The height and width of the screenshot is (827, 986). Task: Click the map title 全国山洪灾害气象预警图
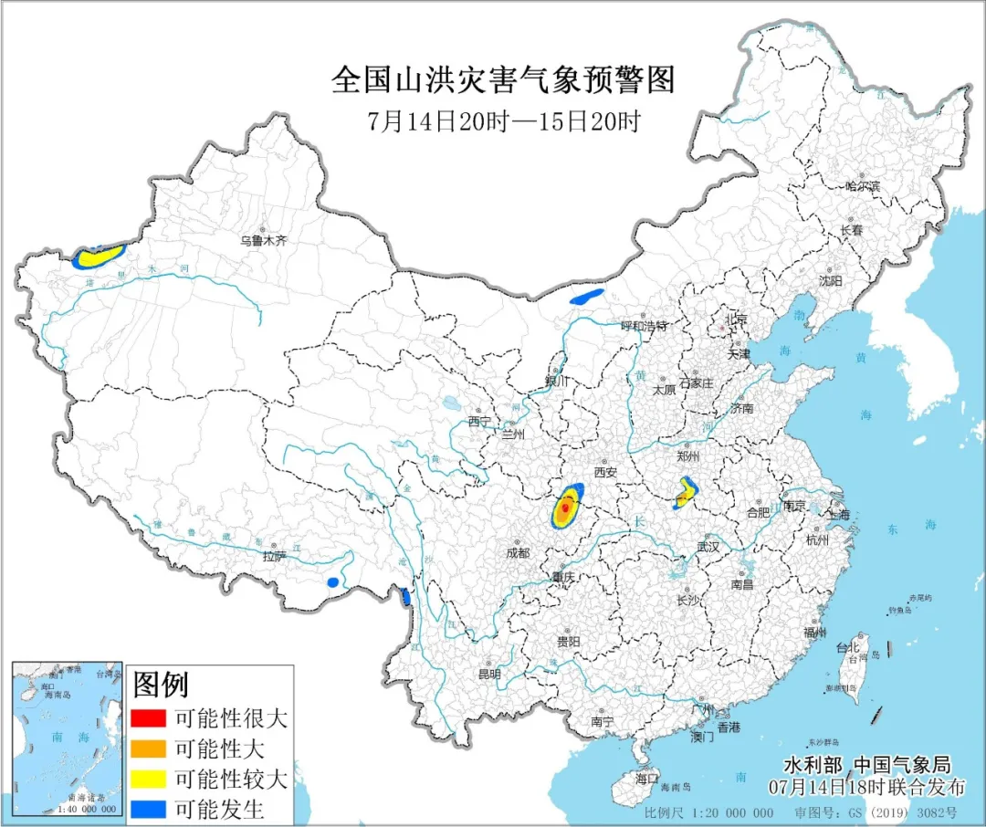[x=503, y=81]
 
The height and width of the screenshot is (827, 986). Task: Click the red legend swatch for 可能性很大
[x=148, y=718]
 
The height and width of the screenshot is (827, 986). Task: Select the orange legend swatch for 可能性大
[x=148, y=748]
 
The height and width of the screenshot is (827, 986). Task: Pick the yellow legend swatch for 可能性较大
[x=148, y=779]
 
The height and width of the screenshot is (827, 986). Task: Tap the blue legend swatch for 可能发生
[x=148, y=809]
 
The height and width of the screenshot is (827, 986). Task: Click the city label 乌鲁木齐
[x=263, y=241]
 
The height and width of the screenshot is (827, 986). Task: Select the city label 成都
[x=517, y=552]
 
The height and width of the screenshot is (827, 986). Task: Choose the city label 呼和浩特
[x=645, y=326]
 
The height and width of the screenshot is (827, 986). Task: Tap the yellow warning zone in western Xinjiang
[x=99, y=256]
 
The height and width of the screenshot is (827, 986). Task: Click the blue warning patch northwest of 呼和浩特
[x=587, y=297]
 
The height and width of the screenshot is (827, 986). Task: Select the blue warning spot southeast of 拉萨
[x=333, y=581]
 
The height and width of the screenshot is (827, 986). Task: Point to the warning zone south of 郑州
[x=685, y=495]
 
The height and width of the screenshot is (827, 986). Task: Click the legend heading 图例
[x=161, y=684]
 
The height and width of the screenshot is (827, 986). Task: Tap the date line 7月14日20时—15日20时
[x=503, y=121]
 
